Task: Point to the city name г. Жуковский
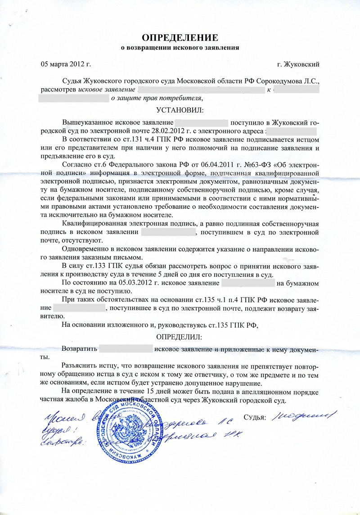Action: tap(299, 64)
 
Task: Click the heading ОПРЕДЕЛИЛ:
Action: tap(180, 337)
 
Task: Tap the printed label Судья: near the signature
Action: tap(255, 417)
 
